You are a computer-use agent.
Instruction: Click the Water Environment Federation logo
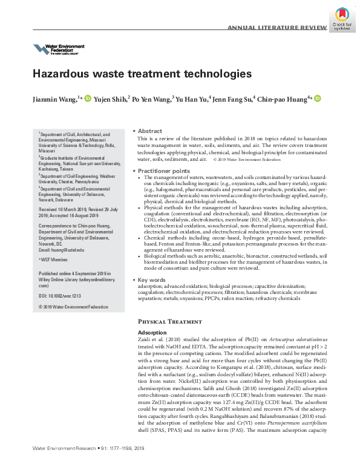coord(59,50)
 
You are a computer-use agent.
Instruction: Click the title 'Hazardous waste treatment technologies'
coord(142,74)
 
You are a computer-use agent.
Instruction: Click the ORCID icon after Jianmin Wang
coord(88,98)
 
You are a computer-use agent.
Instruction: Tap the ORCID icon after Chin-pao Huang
coord(317,98)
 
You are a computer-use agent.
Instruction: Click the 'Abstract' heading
coord(149,131)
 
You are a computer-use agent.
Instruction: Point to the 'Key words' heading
coord(152,281)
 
